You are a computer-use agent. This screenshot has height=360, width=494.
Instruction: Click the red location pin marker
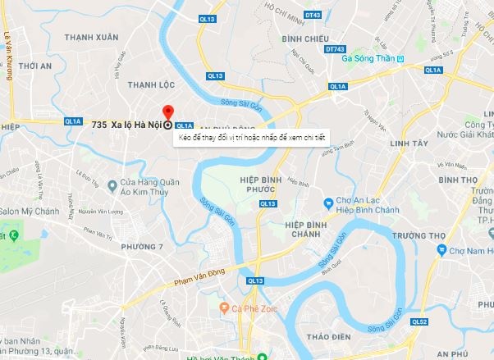(x=168, y=113)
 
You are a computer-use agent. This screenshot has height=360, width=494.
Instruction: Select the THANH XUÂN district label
(x=92, y=37)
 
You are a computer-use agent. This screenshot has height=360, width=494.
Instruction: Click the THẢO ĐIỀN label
(x=330, y=337)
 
